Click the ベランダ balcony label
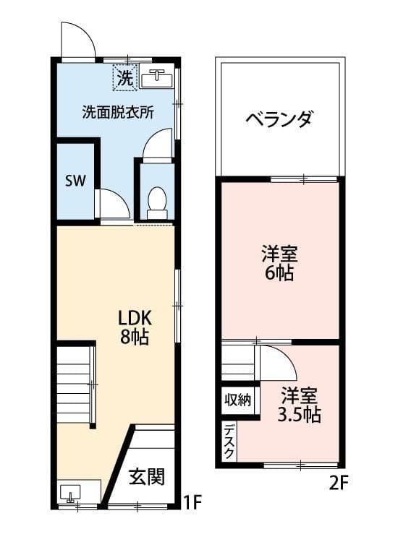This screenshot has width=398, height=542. pyautogui.click(x=278, y=119)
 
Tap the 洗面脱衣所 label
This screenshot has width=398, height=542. pyautogui.click(x=117, y=112)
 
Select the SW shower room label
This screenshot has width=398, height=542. pyautogui.click(x=75, y=181)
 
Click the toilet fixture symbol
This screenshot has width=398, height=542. pyautogui.click(x=156, y=202)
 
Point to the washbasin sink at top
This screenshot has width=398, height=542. pyautogui.click(x=157, y=77)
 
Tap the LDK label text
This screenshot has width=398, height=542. pyautogui.click(x=135, y=318)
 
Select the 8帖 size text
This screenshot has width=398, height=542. pyautogui.click(x=135, y=337)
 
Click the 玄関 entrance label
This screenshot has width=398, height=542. pyautogui.click(x=147, y=477)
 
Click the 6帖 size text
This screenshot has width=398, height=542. pyautogui.click(x=279, y=274)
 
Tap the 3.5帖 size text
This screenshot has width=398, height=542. pyautogui.click(x=299, y=415)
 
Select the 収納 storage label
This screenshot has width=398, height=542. pyautogui.click(x=237, y=400)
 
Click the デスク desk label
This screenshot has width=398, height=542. pyautogui.click(x=228, y=441)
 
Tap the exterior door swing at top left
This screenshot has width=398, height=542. pyautogui.click(x=77, y=41)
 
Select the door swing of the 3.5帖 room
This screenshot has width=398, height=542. pyautogui.click(x=276, y=362)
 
